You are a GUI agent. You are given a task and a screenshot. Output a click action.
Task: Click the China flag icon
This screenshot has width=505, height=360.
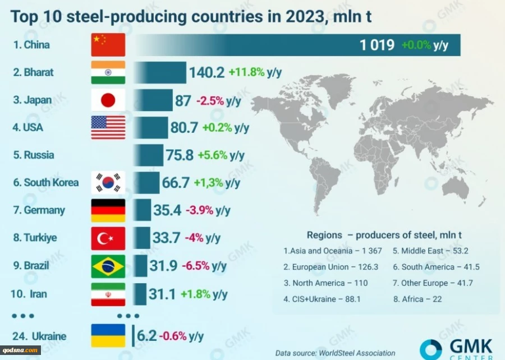click(x=108, y=45)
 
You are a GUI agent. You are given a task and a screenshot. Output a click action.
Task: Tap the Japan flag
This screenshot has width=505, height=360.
click(x=108, y=100)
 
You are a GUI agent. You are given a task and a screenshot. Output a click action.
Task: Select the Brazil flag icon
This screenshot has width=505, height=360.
click(x=108, y=266)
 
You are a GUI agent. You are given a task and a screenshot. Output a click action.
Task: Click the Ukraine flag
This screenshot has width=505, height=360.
click(x=108, y=336)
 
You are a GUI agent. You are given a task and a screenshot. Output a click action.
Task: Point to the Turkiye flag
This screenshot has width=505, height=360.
click(x=108, y=238)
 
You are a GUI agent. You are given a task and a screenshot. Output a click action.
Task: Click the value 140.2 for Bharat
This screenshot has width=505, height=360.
click(x=206, y=72)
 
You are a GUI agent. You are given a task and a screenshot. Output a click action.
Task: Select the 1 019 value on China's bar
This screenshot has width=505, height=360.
click(x=377, y=45)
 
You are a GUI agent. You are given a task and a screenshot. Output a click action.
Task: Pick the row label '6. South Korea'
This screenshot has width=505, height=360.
click(x=46, y=183)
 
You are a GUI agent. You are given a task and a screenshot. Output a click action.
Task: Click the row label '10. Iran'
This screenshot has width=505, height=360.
click(x=31, y=294)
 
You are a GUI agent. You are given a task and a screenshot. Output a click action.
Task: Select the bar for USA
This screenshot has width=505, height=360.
click(x=150, y=128)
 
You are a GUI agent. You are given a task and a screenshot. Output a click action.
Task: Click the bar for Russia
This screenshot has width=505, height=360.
click(x=148, y=155)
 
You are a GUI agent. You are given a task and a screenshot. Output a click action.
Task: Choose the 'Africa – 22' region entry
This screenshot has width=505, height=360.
click(x=417, y=299)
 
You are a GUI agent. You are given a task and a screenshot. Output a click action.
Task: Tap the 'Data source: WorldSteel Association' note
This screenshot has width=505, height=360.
click(x=335, y=353)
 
